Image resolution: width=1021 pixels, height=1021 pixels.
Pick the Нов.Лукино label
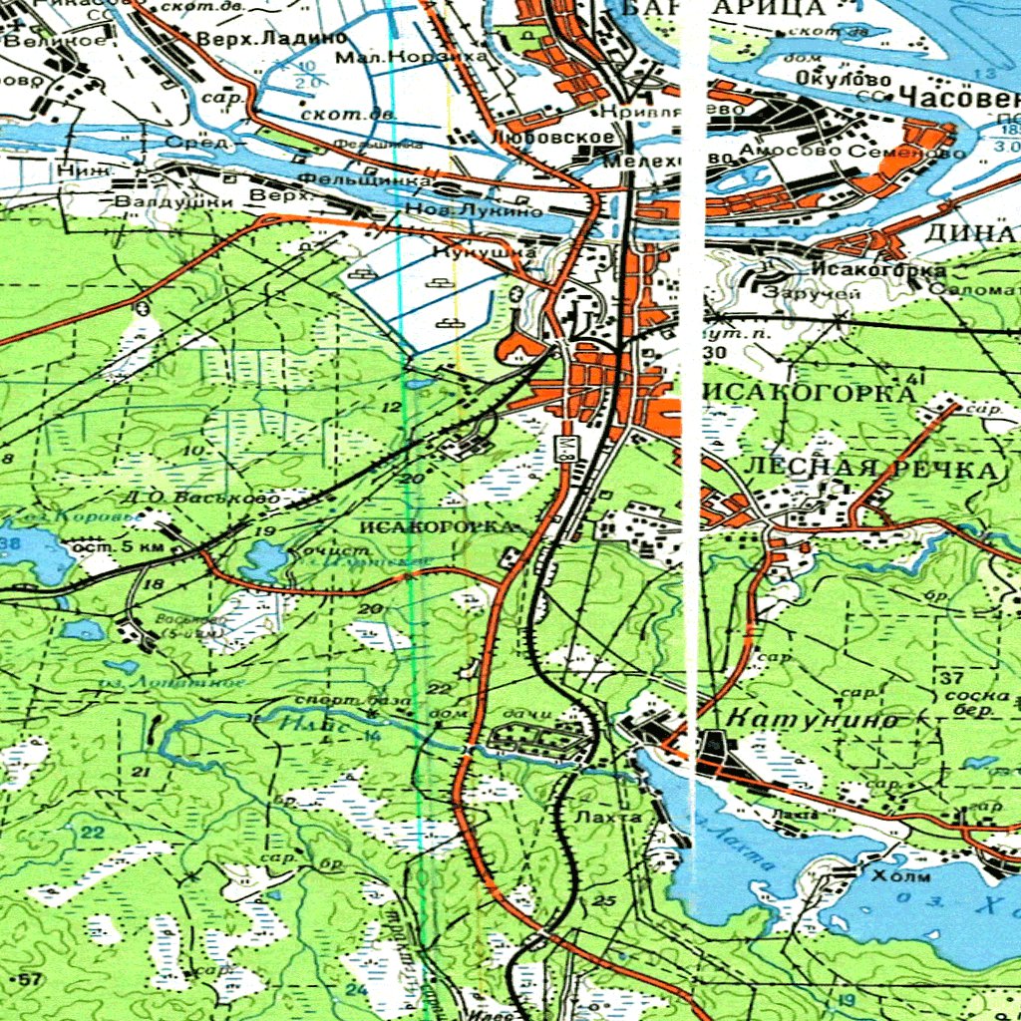[476, 211]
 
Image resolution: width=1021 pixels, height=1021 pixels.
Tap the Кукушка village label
[486, 253]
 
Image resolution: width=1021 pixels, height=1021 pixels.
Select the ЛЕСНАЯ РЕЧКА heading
[870, 470]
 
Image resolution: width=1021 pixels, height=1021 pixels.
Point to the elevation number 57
[31, 981]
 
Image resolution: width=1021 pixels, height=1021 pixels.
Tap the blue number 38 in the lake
[10, 543]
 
